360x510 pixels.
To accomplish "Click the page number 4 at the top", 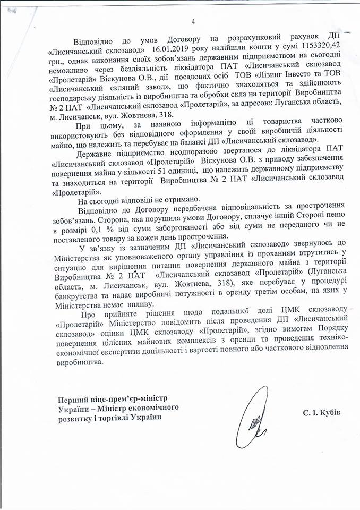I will [x=193, y=21].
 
